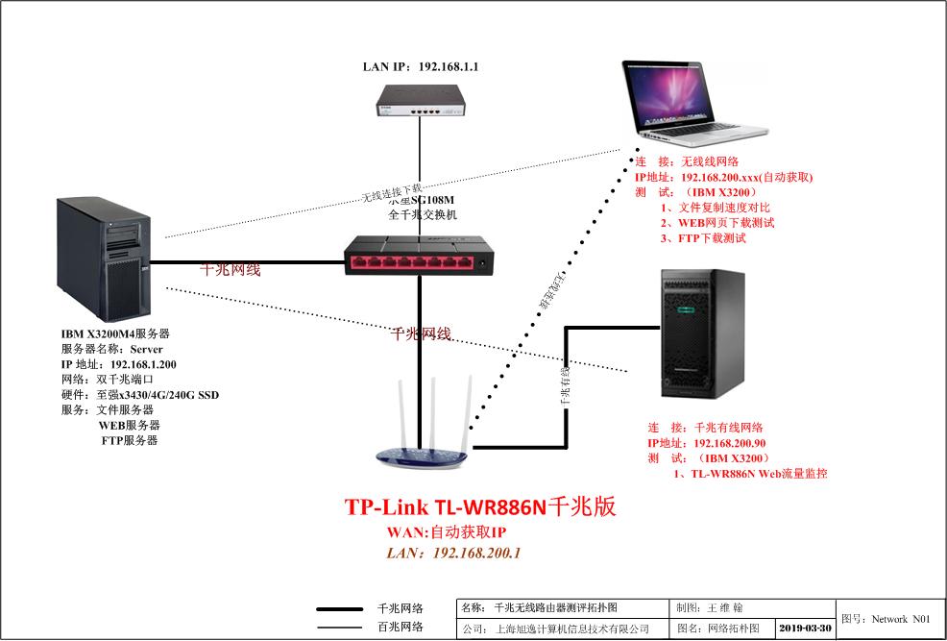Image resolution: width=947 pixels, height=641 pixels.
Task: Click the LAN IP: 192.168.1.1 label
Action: [x=420, y=67]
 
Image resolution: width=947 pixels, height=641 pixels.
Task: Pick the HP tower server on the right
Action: [x=702, y=334]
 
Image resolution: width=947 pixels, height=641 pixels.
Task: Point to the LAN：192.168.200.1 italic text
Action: [x=452, y=553]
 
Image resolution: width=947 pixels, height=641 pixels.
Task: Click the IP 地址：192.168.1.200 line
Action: [x=118, y=365]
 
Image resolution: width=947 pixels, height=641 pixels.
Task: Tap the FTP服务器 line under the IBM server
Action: [x=129, y=440]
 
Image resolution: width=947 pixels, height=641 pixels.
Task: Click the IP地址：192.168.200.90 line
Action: [x=706, y=443]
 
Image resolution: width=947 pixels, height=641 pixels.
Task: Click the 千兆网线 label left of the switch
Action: [x=230, y=270]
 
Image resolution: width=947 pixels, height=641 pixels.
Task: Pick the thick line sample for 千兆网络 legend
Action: [x=345, y=609]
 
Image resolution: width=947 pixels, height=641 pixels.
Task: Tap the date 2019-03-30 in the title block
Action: [x=805, y=628]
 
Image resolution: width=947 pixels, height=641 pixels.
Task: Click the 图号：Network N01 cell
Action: [x=889, y=619]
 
